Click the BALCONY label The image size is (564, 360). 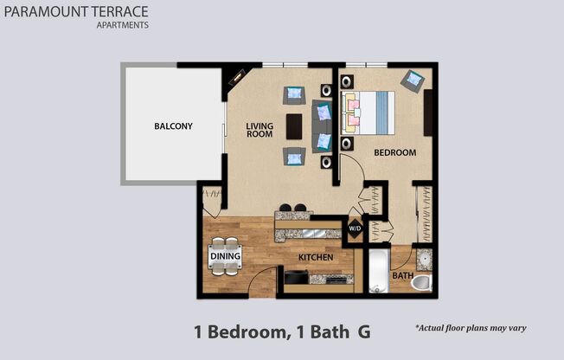(173, 126)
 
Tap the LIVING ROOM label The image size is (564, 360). (260, 131)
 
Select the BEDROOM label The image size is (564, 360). (394, 152)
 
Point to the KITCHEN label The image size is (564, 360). (316, 258)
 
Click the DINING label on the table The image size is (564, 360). (224, 256)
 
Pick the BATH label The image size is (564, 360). (402, 276)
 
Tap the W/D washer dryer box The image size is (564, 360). (355, 228)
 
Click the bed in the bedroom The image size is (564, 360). (369, 112)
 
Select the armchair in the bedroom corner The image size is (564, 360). (413, 80)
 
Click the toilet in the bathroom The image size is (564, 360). (420, 282)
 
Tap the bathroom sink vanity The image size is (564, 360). (424, 258)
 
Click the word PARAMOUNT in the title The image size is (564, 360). (42, 11)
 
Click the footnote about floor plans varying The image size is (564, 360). (471, 328)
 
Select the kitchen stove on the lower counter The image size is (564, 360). (296, 278)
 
